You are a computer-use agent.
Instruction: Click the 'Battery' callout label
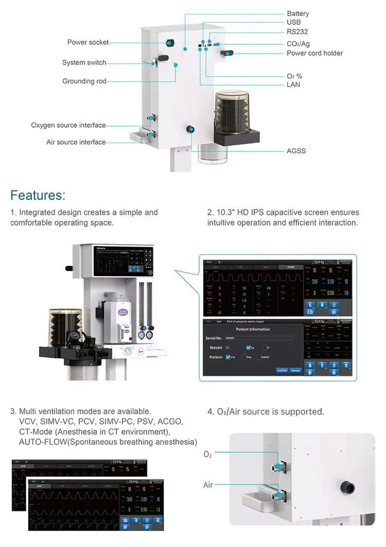point(298,13)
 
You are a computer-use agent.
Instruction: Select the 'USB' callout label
point(294,22)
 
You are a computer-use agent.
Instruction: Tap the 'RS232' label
point(297,32)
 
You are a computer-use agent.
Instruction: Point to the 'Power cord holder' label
point(314,53)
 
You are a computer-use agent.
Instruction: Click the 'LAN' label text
point(293,84)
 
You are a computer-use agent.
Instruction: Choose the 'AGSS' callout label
point(296,151)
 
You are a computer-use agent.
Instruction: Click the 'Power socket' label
point(88,42)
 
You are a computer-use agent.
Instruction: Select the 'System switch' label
point(84,62)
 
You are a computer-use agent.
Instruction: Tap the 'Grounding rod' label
point(84,81)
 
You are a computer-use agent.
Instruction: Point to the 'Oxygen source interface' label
point(68,125)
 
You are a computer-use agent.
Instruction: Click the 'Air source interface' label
point(76,142)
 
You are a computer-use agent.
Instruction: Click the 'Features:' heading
point(38,195)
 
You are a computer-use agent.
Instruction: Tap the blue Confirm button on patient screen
point(282,370)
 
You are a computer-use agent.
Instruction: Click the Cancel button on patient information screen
point(295,370)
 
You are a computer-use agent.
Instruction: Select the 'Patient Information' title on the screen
point(253,329)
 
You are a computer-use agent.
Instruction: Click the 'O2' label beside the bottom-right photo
point(207,455)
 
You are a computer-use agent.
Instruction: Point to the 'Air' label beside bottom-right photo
point(208,485)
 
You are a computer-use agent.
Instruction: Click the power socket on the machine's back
point(169,42)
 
